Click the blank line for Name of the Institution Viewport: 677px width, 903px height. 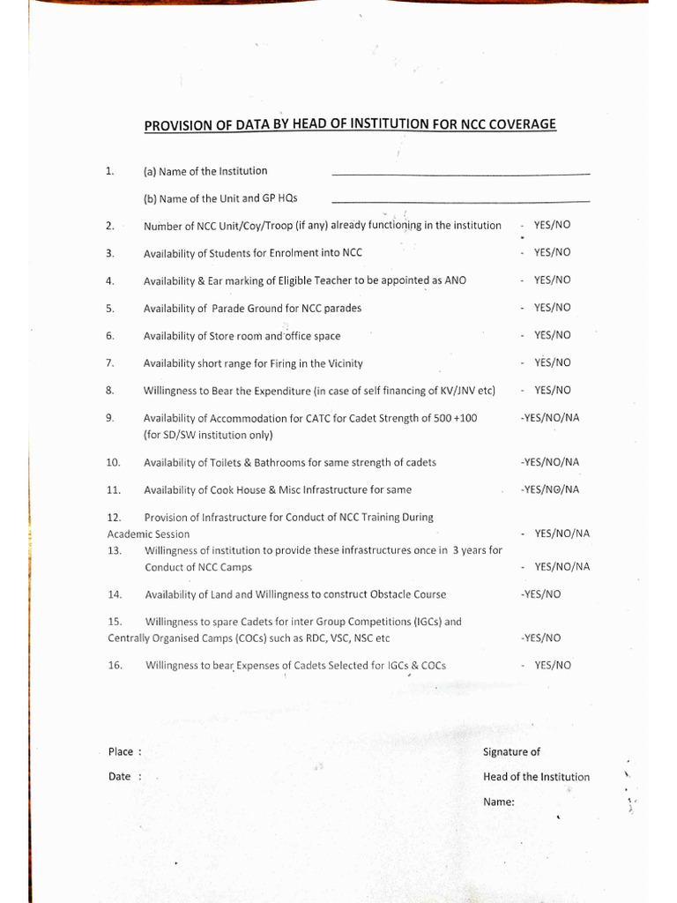tap(460, 174)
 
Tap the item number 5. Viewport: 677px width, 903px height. tap(110, 309)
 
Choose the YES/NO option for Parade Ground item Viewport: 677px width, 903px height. tap(552, 308)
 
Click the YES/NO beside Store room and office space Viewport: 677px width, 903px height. tap(552, 335)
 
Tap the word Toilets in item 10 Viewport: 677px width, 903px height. tap(228, 462)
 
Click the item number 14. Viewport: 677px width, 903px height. tap(113, 594)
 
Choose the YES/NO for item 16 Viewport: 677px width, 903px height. tap(552, 665)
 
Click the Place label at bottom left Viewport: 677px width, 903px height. tap(121, 752)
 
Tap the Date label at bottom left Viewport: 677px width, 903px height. tap(119, 777)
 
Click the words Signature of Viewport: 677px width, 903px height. tap(511, 752)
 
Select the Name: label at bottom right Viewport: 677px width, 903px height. tap(499, 802)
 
